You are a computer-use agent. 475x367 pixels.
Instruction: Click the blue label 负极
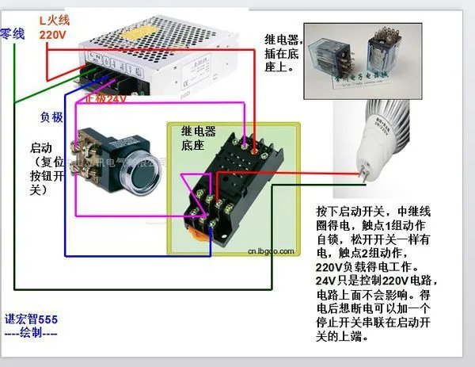tap(51, 117)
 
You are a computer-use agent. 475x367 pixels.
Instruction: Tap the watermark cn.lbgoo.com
tap(272, 251)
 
